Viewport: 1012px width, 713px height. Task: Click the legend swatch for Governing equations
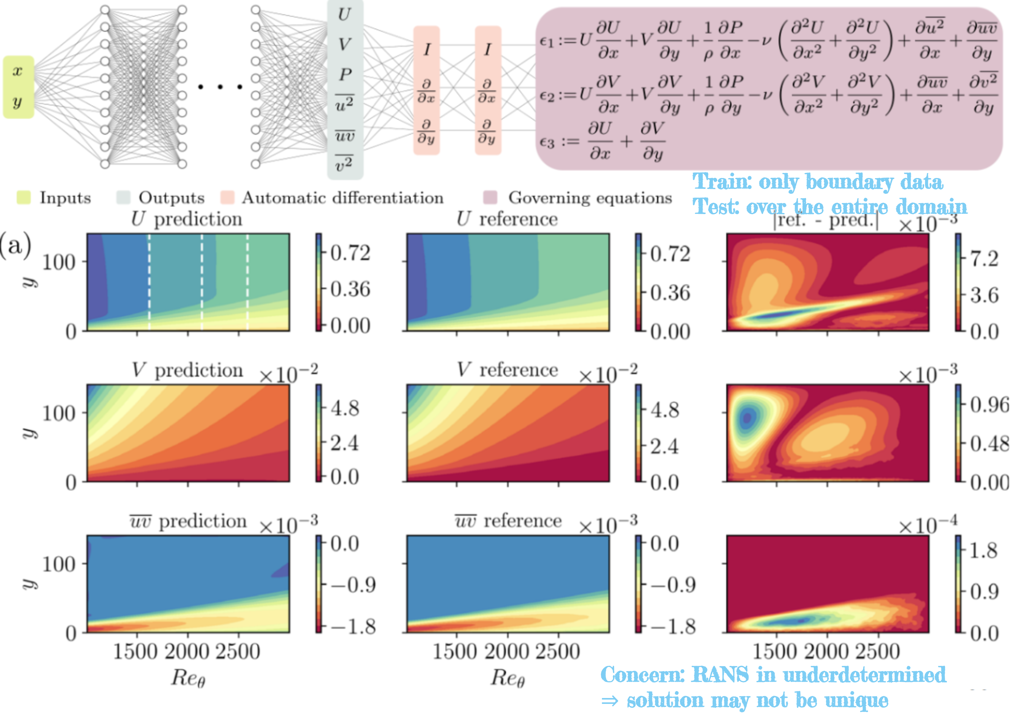(x=490, y=198)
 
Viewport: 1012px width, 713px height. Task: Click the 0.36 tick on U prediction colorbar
(x=350, y=289)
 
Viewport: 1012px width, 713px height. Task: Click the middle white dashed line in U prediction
(x=202, y=282)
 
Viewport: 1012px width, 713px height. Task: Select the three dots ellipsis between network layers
(x=220, y=87)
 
